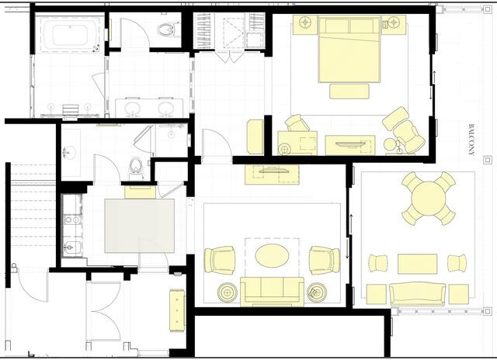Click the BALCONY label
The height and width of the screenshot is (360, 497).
point(471,140)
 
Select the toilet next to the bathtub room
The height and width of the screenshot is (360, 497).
point(166,29)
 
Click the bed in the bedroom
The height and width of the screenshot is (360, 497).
point(349,50)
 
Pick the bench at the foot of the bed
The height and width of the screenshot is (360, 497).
point(349,92)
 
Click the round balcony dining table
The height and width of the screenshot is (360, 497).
point(429,199)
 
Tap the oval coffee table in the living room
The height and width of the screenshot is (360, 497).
point(272,255)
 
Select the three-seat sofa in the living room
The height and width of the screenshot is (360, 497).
point(272,291)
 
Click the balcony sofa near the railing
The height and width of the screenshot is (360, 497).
point(418,294)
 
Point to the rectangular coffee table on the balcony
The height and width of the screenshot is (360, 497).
point(418,264)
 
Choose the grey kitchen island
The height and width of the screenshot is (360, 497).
point(140,226)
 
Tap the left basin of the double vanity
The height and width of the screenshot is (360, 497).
point(133,109)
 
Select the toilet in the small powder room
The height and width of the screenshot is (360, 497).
point(136,168)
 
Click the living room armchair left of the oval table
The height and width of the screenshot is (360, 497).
point(220,260)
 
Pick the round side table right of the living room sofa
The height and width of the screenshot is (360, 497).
point(317,292)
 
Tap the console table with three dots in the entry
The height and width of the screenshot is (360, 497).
point(177,310)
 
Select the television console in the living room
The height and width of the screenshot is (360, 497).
point(273,174)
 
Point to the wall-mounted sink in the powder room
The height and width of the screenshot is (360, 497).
point(70,152)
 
